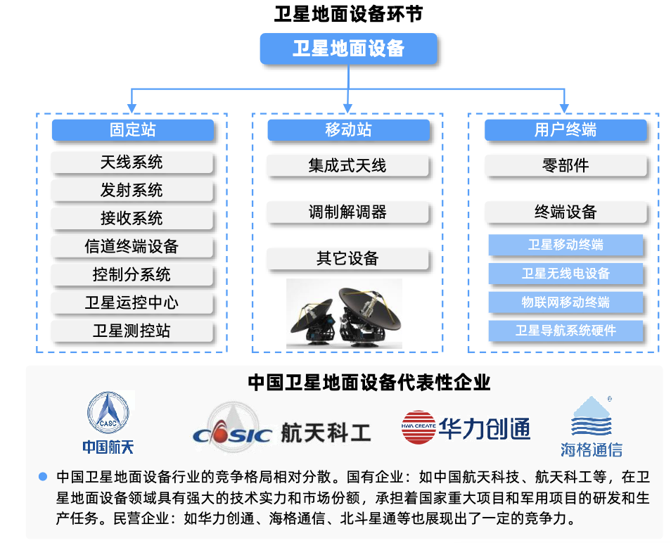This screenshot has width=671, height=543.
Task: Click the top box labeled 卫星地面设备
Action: [348, 49]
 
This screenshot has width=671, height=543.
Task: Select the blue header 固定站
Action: [132, 130]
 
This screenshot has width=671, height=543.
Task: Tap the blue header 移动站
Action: [347, 130]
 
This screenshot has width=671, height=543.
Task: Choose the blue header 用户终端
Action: [565, 130]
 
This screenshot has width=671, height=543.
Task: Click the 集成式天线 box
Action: [347, 166]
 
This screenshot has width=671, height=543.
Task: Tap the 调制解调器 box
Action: [347, 212]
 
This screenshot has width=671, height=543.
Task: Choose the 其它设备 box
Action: [347, 259]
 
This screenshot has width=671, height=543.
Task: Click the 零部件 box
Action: [565, 166]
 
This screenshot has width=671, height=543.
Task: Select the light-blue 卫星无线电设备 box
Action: [565, 274]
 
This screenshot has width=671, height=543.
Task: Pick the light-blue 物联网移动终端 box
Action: [565, 302]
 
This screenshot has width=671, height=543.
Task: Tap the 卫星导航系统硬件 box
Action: [565, 331]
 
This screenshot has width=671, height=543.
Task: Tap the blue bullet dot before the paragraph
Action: [42, 476]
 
